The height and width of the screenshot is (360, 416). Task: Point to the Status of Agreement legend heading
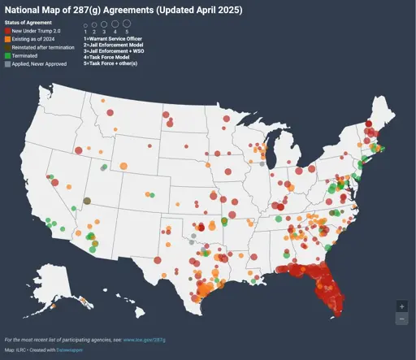tap(28, 23)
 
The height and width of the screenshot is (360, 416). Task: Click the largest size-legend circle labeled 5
tap(126, 24)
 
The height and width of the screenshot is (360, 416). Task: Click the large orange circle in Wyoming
tap(123, 167)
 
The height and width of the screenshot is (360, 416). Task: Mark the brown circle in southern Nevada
tap(87, 201)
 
